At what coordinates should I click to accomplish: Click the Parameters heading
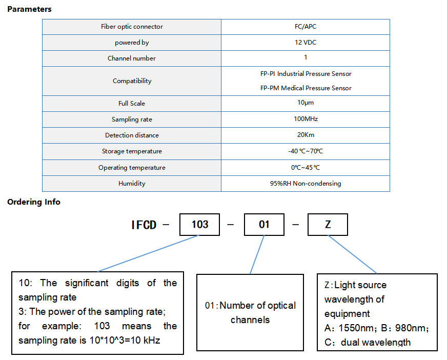(29, 9)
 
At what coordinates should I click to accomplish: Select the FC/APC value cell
(306, 27)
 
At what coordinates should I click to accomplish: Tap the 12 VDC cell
(306, 43)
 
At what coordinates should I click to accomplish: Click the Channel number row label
(131, 58)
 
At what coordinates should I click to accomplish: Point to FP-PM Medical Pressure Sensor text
(306, 88)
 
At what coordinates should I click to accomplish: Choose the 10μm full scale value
(306, 103)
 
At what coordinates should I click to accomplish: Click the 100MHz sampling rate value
(306, 119)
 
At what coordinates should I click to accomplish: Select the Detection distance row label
(132, 135)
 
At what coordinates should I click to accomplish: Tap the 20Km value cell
(306, 135)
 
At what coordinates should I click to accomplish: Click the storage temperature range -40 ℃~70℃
(306, 151)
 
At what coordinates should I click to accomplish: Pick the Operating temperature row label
(132, 168)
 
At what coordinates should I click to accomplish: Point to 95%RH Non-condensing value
(306, 184)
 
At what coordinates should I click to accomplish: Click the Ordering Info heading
(34, 202)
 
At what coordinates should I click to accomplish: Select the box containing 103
(199, 225)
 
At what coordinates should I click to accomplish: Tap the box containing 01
(264, 225)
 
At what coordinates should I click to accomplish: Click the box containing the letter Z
(328, 225)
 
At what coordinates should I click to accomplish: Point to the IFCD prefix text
(144, 225)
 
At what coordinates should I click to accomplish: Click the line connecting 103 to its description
(148, 253)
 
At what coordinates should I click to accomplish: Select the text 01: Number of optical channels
(250, 313)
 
